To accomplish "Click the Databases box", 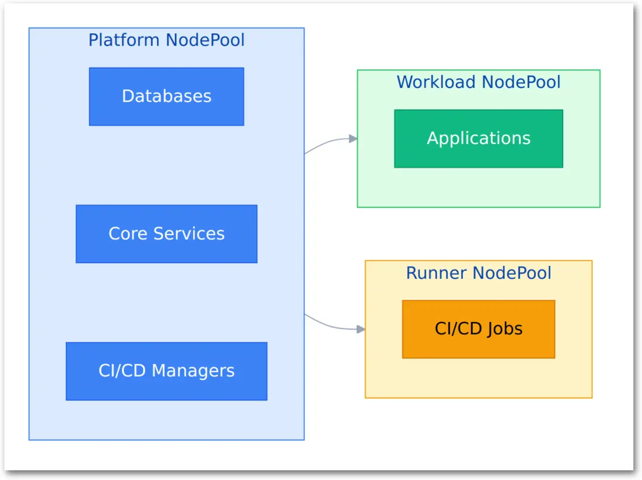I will click(166, 97).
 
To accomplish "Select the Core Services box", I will click(166, 234).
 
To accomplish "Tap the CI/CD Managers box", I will click(166, 371).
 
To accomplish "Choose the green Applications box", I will click(479, 139).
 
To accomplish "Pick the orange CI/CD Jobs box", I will click(479, 329).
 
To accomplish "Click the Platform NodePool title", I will click(166, 40).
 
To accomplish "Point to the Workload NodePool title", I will click(479, 82).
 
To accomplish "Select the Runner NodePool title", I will click(479, 273).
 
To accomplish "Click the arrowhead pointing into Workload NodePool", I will click(353, 139).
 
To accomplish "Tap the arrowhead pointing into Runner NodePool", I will click(361, 330).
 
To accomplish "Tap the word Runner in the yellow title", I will click(436, 273).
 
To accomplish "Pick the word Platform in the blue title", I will click(124, 40).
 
